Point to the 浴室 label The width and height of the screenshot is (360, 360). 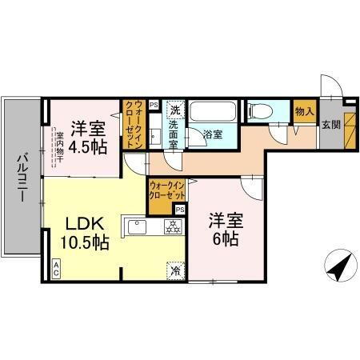point(212,134)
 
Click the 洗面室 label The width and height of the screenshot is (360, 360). point(176,131)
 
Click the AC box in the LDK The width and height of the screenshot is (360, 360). point(57,270)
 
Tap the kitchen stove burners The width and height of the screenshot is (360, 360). point(170,227)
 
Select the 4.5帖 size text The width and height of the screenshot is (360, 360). point(82,147)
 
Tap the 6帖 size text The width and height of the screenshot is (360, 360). point(223,238)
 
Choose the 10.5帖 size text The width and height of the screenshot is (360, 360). point(82,244)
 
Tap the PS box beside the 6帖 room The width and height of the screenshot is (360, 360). point(180,210)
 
